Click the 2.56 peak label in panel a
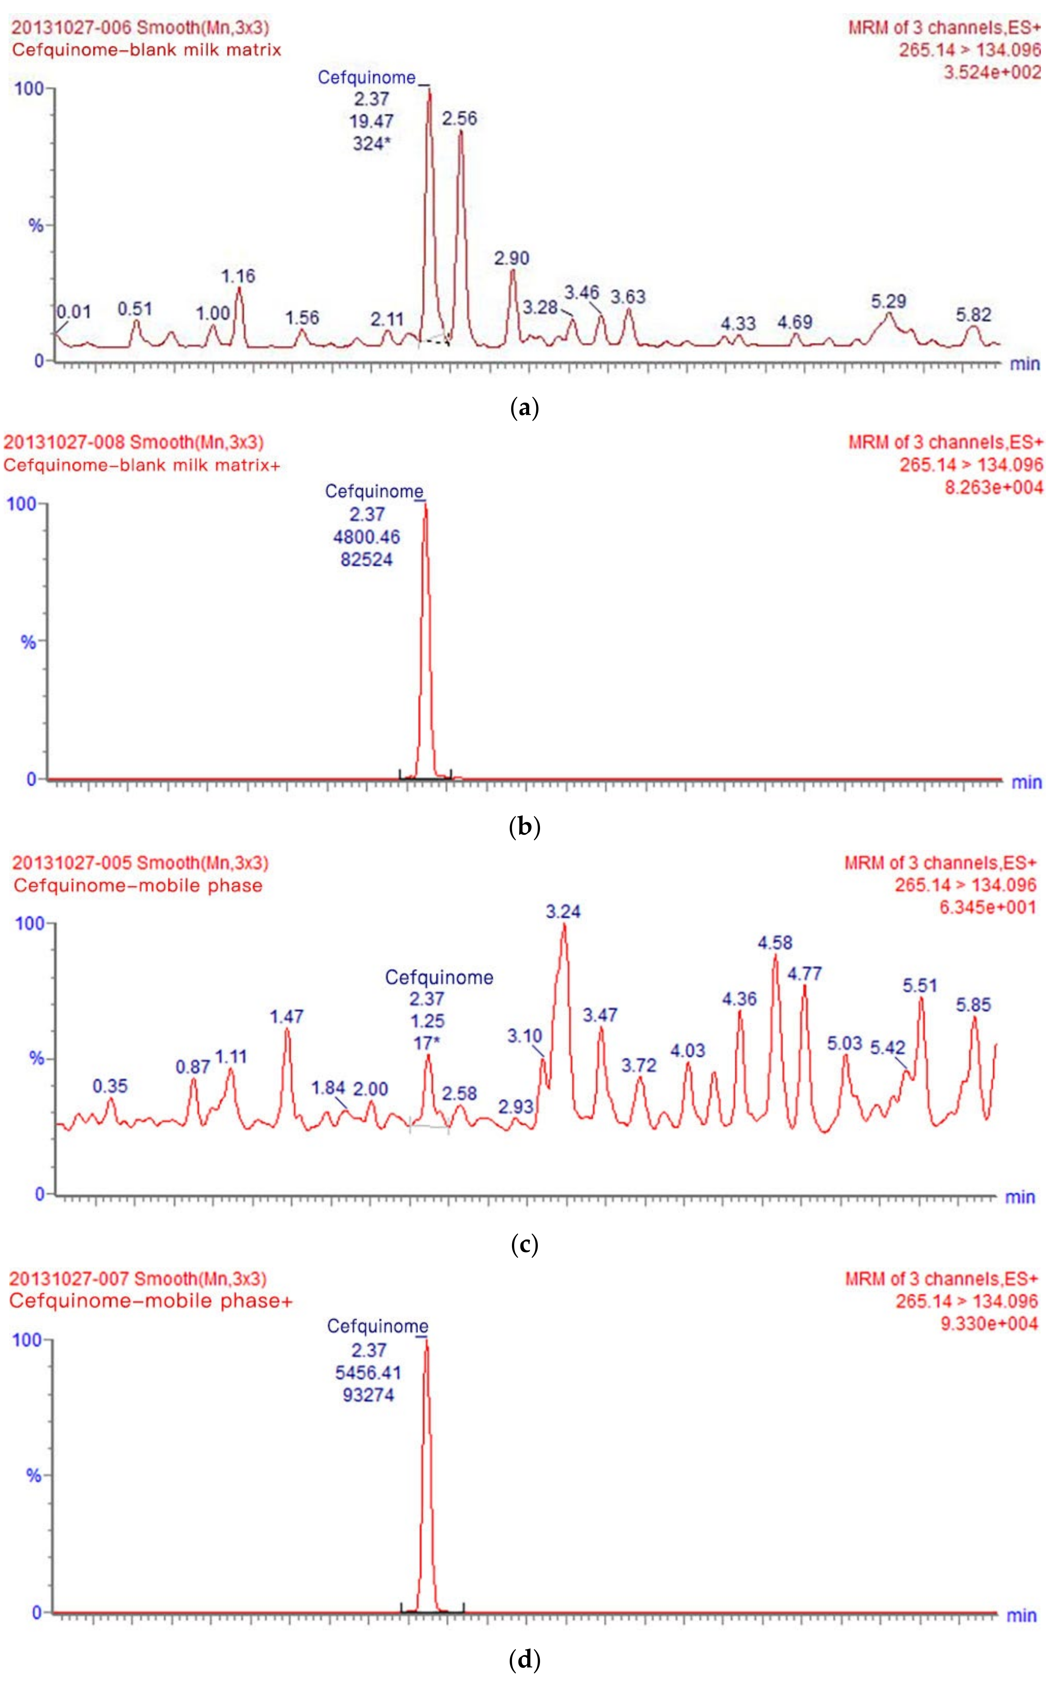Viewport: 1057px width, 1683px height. [459, 119]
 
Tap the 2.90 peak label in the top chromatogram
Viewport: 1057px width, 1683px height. [512, 258]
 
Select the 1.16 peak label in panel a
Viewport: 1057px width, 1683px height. [238, 276]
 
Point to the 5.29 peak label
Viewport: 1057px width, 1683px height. [889, 302]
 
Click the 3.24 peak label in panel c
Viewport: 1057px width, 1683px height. [563, 912]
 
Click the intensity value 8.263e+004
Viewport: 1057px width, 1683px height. [993, 488]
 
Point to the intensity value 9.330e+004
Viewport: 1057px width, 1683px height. [989, 1323]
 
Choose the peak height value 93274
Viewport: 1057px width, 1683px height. [368, 1395]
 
